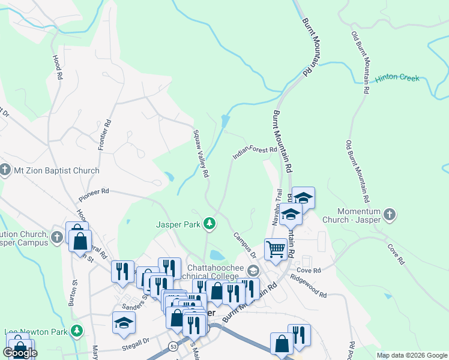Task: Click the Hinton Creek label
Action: click(397, 79)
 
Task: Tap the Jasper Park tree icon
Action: click(209, 224)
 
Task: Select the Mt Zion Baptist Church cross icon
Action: click(5, 170)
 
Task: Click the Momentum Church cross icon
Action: click(390, 214)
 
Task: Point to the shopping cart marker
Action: click(276, 248)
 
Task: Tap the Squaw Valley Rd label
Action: click(200, 154)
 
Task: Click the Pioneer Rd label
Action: click(94, 194)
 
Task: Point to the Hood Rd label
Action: click(58, 68)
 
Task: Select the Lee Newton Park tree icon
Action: click(77, 331)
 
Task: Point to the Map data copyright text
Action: click(411, 355)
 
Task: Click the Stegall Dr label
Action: click(133, 341)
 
